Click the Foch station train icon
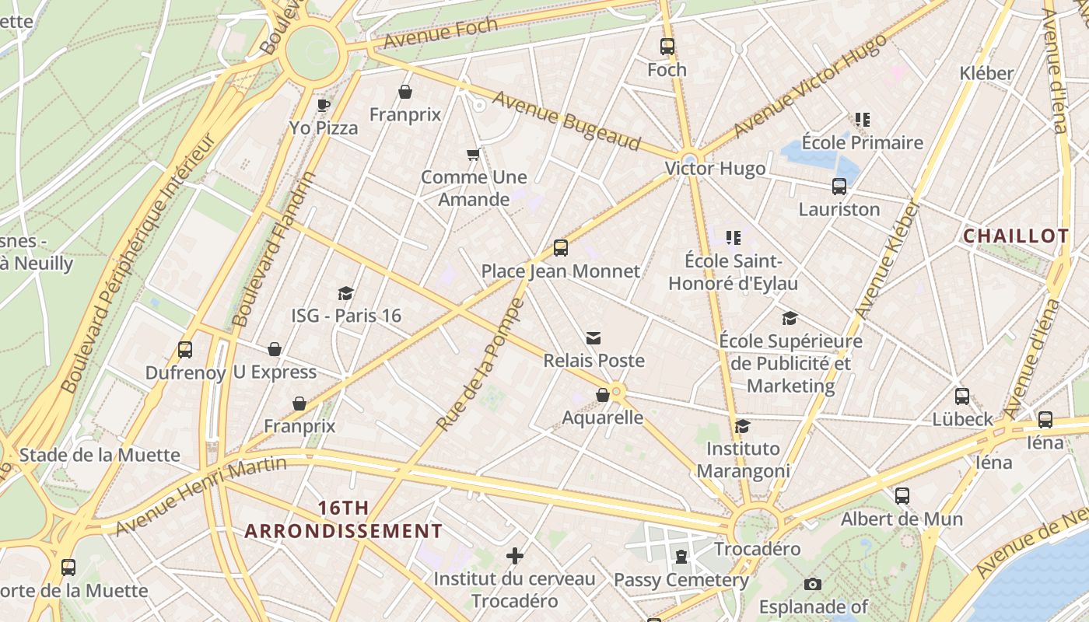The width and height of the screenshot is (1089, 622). [x=667, y=47]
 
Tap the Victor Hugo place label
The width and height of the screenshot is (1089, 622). [x=715, y=169]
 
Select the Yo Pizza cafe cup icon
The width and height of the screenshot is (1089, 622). [x=324, y=105]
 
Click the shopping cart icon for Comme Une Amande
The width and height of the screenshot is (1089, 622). [x=473, y=155]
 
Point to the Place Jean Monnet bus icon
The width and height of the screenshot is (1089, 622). [x=560, y=248]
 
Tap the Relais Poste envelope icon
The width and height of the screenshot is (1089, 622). [x=594, y=338]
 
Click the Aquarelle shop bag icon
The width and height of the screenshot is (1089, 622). [x=602, y=395]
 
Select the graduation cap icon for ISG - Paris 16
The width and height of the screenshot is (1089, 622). [x=346, y=293]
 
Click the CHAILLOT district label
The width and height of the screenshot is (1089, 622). [x=1016, y=236]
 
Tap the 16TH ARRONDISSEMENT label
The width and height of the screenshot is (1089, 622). [x=343, y=519]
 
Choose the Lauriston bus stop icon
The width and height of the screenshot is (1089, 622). [x=839, y=187]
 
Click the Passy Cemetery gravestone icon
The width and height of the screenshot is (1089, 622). [x=681, y=557]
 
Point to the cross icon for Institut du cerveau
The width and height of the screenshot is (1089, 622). [x=514, y=556]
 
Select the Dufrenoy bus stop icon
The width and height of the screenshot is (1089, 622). [x=184, y=350]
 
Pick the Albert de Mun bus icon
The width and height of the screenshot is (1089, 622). [x=902, y=495]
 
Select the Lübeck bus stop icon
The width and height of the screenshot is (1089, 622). [x=962, y=397]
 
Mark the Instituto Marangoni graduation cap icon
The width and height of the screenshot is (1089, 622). [x=743, y=426]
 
